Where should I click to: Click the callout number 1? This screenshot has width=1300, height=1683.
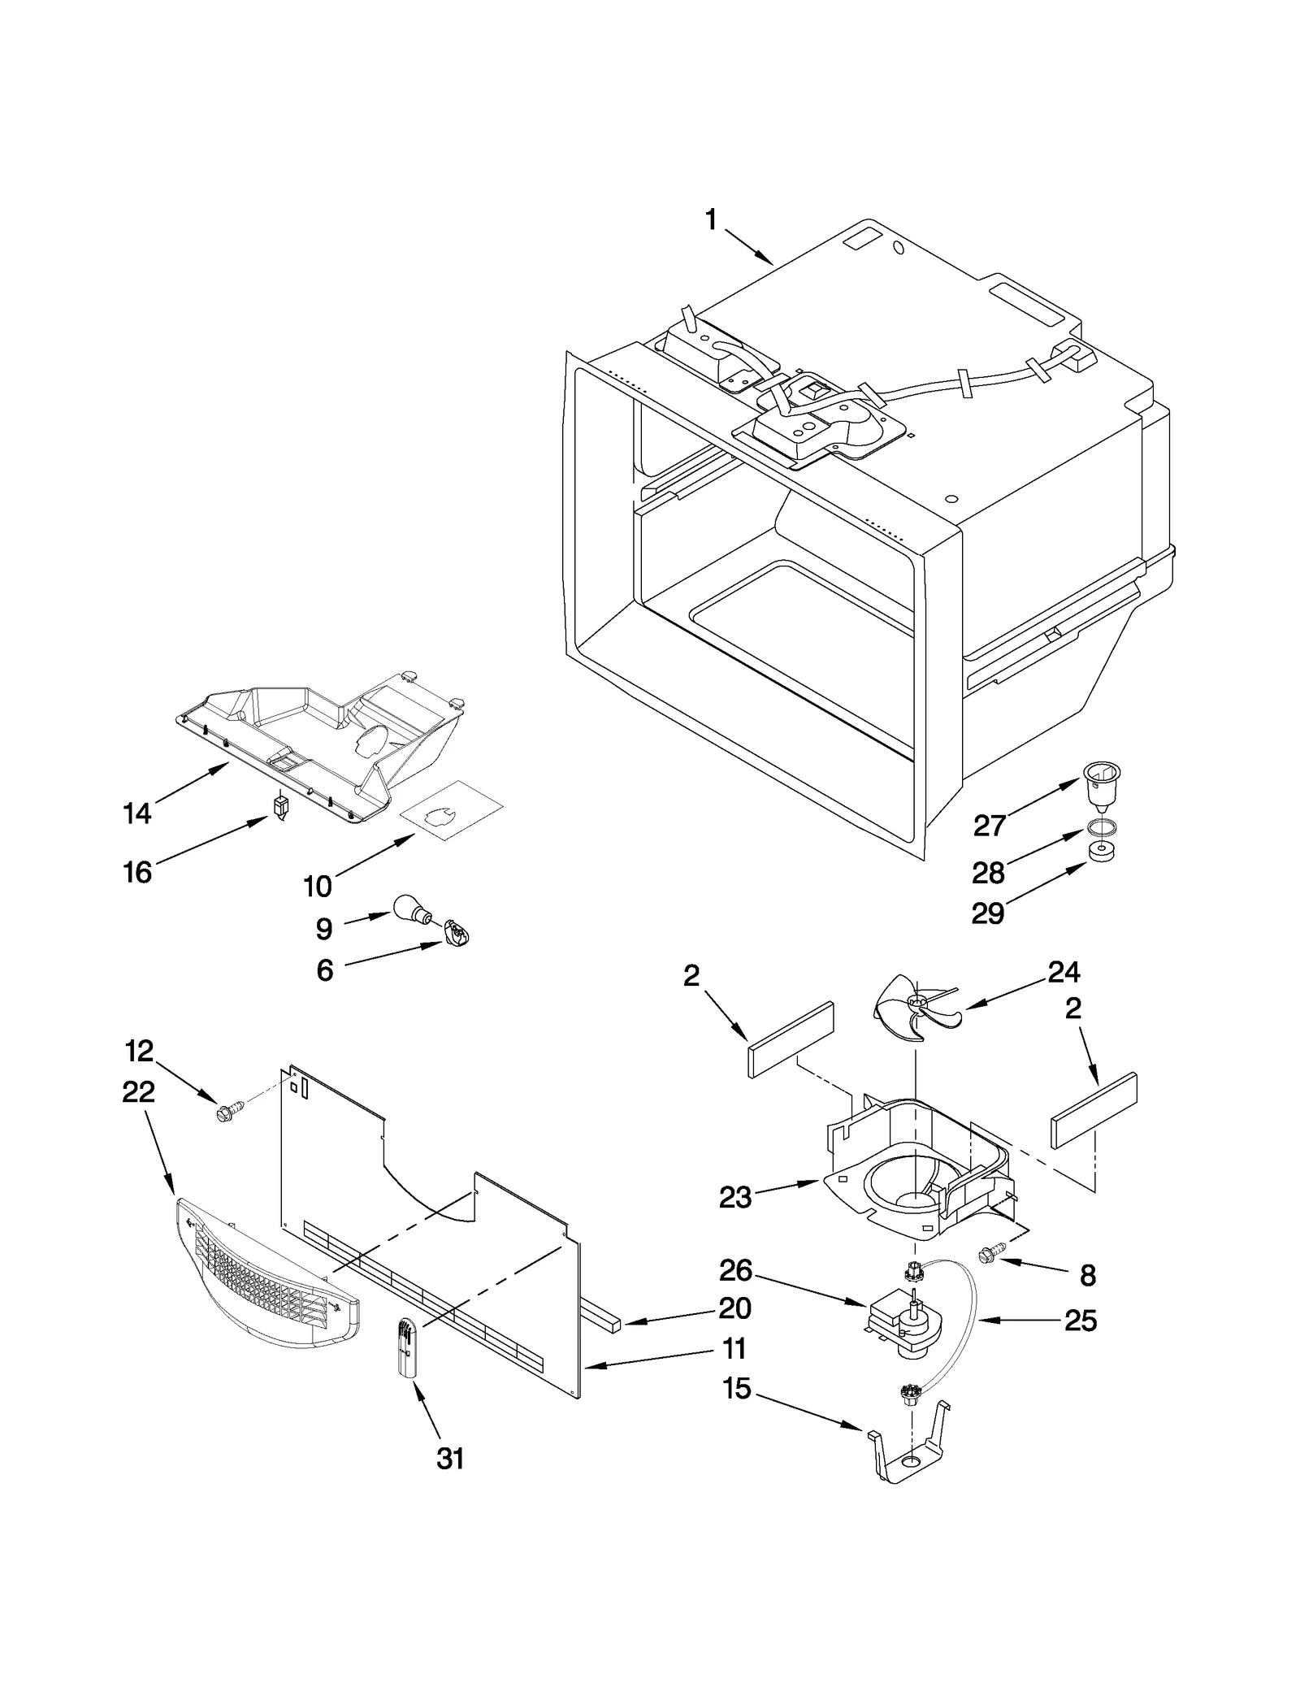click(x=711, y=220)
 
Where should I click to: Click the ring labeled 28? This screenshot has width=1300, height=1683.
click(x=1100, y=828)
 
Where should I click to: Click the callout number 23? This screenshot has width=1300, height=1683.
click(x=735, y=1197)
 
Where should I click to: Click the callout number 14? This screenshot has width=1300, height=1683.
click(x=137, y=813)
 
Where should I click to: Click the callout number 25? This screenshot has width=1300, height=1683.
click(x=1081, y=1321)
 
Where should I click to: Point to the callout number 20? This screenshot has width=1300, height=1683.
click(x=734, y=1308)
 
